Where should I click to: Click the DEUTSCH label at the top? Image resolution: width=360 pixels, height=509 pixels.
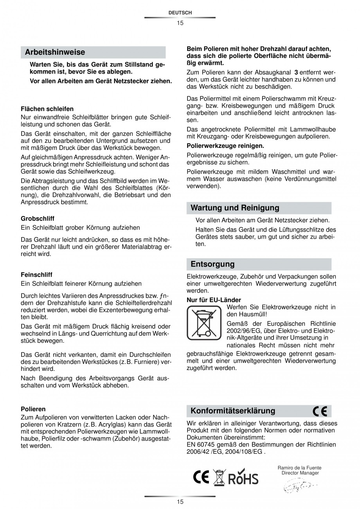tap(180, 13)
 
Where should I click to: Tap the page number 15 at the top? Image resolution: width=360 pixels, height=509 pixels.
tap(180, 23)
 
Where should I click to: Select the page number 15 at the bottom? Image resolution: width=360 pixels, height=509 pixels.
tap(180, 502)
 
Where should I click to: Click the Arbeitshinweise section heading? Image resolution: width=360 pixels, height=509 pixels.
tap(55, 52)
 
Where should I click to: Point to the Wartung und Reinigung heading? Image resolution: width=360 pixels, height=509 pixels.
tap(235, 208)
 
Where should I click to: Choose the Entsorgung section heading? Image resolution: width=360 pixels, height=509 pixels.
tap(212, 264)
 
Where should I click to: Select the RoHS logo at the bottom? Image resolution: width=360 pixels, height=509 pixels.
tap(243, 478)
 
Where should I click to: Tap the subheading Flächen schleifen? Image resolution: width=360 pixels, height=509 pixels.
tap(47, 109)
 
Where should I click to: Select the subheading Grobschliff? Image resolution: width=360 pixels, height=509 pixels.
tap(37, 218)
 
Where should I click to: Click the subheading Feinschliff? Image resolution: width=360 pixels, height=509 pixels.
tap(36, 275)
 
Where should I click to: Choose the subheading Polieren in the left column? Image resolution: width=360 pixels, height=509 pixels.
tap(33, 409)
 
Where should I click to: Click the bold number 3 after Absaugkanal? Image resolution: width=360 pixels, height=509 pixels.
tap(296, 72)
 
